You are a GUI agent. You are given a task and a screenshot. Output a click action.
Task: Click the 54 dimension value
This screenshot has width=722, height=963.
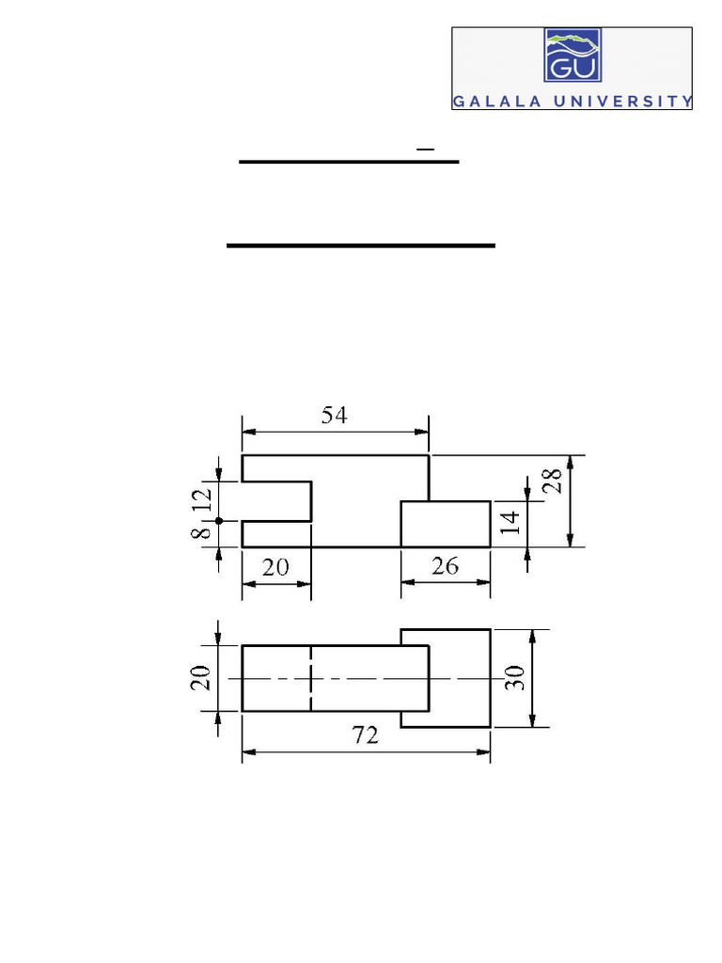click(x=334, y=415)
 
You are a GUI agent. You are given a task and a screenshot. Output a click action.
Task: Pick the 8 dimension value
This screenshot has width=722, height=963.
click(x=201, y=534)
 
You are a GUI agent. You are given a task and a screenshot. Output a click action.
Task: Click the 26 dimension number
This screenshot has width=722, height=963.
click(x=445, y=566)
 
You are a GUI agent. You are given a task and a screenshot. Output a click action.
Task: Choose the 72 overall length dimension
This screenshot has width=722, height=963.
click(x=366, y=735)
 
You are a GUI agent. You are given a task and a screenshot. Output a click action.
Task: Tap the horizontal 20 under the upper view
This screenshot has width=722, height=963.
click(x=276, y=566)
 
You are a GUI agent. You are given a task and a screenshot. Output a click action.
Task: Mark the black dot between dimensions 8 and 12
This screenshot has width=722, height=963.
click(x=218, y=520)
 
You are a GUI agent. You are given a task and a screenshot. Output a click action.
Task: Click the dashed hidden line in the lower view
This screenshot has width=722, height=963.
click(x=310, y=678)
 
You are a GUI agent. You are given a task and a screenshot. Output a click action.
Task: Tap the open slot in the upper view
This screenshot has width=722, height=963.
click(x=277, y=500)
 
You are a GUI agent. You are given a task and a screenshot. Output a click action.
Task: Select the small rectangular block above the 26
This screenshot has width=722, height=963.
click(x=446, y=524)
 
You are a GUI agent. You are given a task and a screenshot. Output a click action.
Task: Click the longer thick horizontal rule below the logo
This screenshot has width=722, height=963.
click(x=361, y=245)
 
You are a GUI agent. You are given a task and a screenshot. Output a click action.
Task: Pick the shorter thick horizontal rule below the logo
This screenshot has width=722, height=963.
click(x=349, y=162)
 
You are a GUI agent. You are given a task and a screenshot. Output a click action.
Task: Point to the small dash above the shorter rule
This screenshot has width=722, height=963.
click(x=425, y=149)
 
